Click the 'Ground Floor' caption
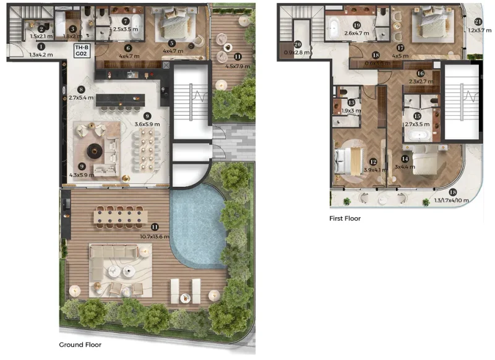coord(80,345)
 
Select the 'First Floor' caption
coord(345,218)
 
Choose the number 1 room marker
coord(41,46)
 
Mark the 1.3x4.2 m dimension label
coord(41,55)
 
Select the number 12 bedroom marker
coord(372,162)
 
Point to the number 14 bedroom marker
coord(404,158)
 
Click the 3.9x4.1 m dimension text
coord(372,171)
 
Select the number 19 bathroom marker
coord(356,25)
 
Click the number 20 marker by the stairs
coord(298,44)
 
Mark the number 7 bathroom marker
coord(126,20)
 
